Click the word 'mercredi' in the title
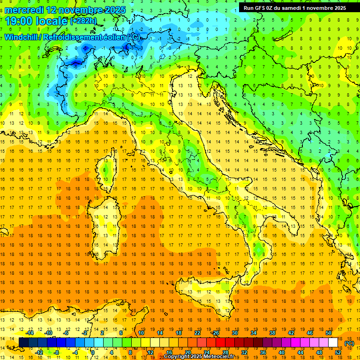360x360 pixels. coord(23,9)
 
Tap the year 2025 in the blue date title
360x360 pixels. coord(112,9)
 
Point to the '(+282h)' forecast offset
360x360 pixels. coord(84,21)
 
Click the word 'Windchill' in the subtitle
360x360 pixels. coord(22,37)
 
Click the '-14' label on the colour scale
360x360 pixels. coord(30,333)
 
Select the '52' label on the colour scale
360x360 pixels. coord(337,352)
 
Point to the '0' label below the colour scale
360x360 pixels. coord(93,352)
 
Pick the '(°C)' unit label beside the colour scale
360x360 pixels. coord(349,343)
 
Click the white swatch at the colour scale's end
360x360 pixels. coord(333,343)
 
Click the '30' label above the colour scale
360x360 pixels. coord(235,333)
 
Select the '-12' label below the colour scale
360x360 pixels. coord(39,352)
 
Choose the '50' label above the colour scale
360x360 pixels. coord(328,333)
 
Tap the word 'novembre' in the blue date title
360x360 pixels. coord(75,9)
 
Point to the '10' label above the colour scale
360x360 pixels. coord(141,333)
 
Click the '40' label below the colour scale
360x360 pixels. coord(281,352)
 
